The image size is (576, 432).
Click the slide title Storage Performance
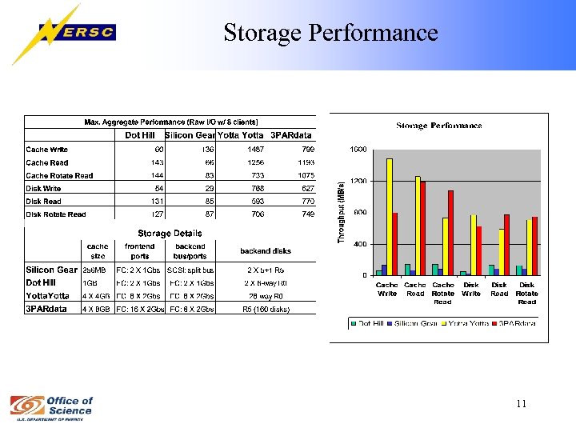pos(330,33)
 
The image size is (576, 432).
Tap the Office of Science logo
pos(51,406)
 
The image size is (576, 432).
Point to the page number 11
pos(521,404)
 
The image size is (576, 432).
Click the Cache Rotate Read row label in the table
pos(59,175)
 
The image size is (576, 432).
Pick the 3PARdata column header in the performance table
pos(291,134)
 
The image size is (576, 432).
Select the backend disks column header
pos(266,250)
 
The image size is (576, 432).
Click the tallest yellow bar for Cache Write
pos(389,216)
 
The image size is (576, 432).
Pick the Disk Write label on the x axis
pos(471,289)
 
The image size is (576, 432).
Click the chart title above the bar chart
pos(439,126)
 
